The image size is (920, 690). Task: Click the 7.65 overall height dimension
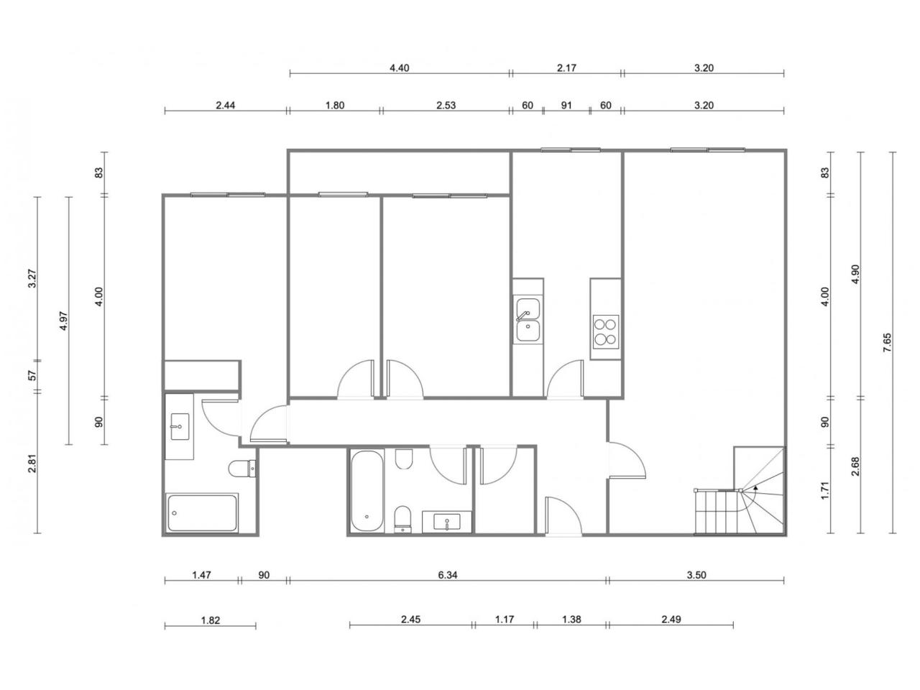point(888,342)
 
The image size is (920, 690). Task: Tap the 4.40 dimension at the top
point(399,68)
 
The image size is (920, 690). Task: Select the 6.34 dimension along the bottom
point(447,575)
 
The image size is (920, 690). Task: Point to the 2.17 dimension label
point(566,68)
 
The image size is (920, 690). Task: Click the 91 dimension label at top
point(566,105)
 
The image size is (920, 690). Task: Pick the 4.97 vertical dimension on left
point(64,321)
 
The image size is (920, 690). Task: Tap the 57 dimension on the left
point(32,375)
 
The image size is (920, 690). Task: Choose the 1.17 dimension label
point(505,619)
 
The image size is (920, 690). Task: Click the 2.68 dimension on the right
point(855,466)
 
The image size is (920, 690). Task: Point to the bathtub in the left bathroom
point(202,512)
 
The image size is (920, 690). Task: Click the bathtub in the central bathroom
point(367,491)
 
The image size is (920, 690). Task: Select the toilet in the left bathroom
point(242,468)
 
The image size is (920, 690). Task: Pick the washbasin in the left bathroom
point(180,427)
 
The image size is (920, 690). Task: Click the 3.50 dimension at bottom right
point(696,575)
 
